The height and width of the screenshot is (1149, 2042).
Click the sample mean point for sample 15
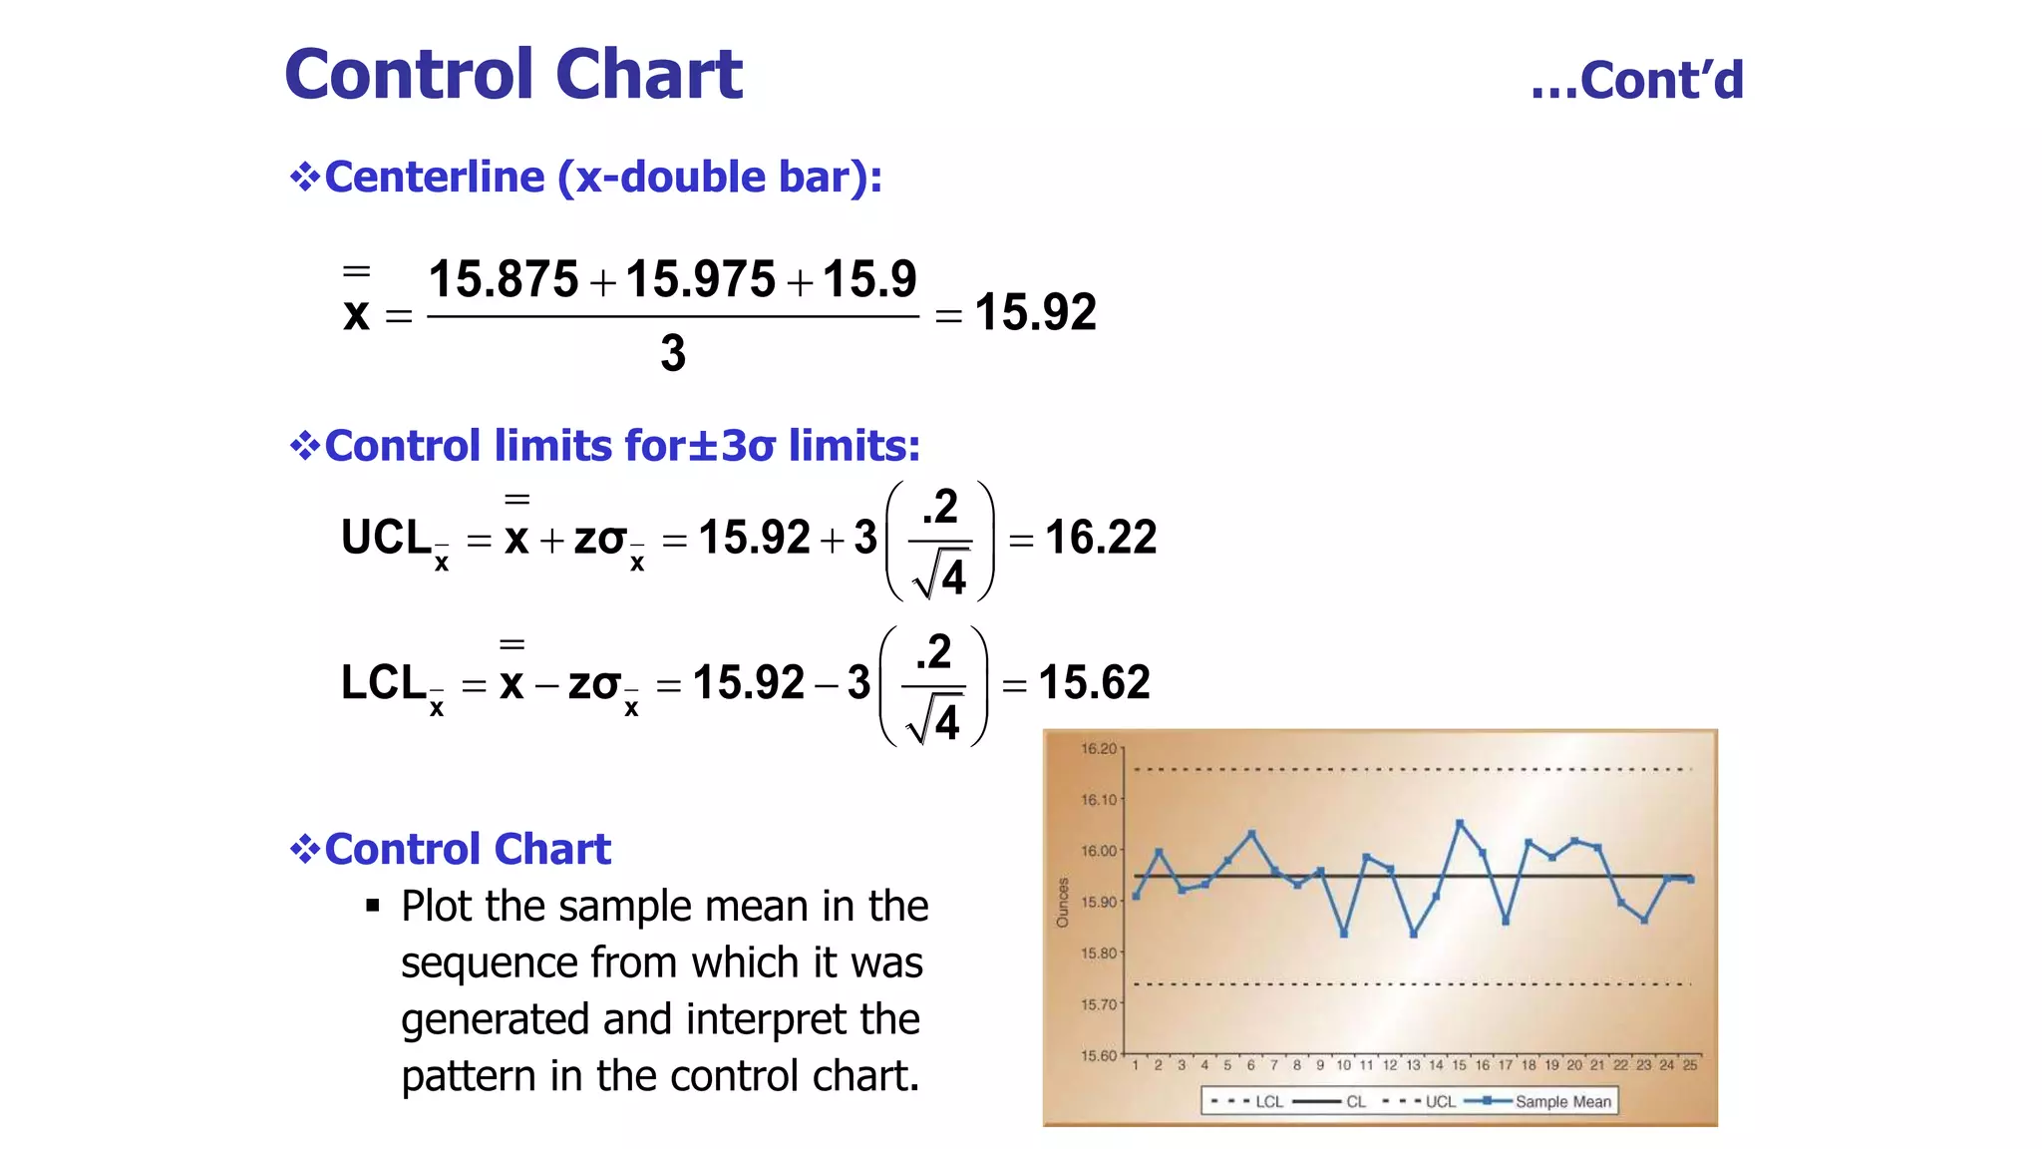point(1460,823)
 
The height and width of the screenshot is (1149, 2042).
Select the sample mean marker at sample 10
point(1344,934)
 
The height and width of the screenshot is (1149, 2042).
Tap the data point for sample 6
point(1251,833)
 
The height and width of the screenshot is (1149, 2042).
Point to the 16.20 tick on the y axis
point(1100,748)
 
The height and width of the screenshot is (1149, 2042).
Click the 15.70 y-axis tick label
point(1100,1004)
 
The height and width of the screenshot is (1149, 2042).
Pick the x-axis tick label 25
point(1690,1065)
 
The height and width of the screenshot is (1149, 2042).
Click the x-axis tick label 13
point(1413,1065)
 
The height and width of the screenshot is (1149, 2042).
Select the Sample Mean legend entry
point(1562,1101)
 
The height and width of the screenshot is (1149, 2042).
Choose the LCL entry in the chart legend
point(1268,1101)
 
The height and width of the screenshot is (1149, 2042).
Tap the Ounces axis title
point(1063,902)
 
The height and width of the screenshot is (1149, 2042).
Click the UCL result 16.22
point(1101,538)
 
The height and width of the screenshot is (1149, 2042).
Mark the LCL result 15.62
point(1095,683)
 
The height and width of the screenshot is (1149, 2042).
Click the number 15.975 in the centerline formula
point(700,279)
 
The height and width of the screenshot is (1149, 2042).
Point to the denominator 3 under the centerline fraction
point(673,353)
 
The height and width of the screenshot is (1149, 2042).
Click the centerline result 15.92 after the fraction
point(1036,312)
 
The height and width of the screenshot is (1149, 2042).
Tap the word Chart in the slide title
point(649,75)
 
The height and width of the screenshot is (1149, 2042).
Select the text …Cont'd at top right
point(1637,80)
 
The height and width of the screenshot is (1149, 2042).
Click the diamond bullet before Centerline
point(304,178)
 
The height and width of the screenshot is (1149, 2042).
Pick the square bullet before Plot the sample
point(373,906)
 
